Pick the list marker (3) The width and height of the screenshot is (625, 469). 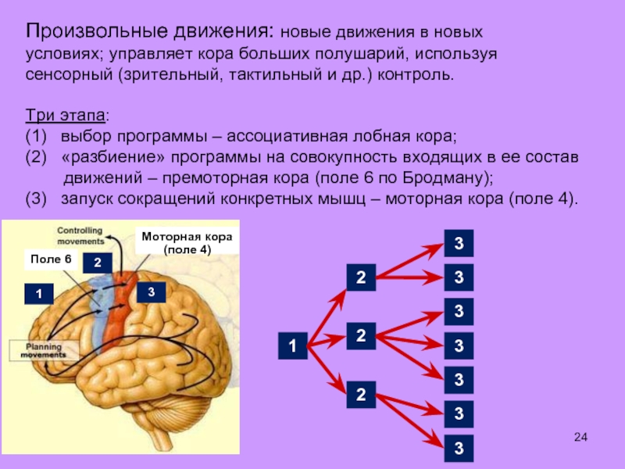point(37,197)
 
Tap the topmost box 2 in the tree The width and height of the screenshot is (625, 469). point(361,277)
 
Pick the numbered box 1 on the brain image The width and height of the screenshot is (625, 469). point(37,294)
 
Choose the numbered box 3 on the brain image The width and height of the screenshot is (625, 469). point(152,292)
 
